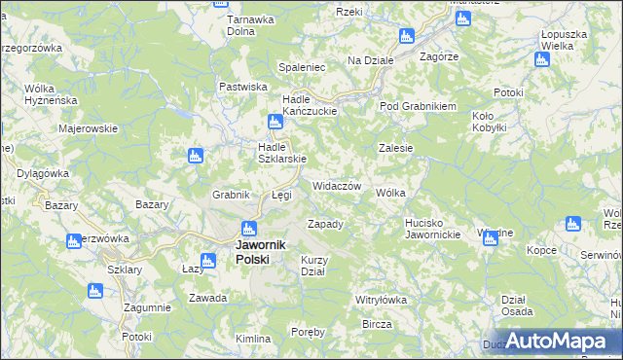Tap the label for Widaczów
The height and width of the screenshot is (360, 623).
point(337,186)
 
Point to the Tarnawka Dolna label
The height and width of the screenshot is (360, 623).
point(247,24)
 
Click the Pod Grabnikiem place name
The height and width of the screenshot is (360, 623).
point(418,106)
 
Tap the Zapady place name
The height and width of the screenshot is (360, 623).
point(326,224)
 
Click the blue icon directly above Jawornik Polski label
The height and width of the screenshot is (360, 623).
point(247,230)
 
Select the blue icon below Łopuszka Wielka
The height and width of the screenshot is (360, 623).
point(542,60)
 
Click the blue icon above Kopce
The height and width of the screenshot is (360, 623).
point(571,225)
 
